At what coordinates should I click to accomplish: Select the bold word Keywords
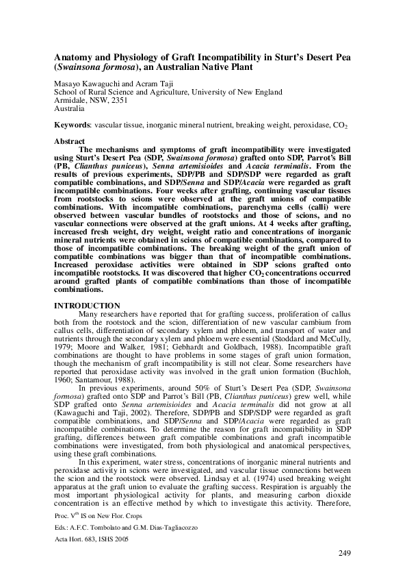click(x=73, y=127)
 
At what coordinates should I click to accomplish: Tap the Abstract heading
click(x=69, y=140)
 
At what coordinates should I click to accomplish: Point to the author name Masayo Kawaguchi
click(x=85, y=82)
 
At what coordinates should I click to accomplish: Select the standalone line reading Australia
click(x=69, y=108)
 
